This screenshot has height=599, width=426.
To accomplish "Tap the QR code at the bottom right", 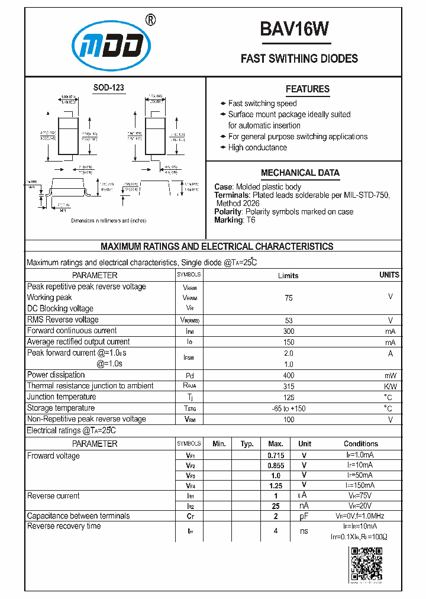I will click(366, 563).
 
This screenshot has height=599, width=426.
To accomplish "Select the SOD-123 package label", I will click(109, 88).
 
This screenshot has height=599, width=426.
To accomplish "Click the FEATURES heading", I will click(307, 89).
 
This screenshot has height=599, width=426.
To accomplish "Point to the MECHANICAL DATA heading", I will click(300, 173).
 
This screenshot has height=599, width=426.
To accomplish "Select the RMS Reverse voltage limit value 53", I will click(288, 320).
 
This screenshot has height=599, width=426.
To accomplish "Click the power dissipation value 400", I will click(288, 375).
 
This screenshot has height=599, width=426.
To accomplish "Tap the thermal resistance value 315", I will click(288, 387).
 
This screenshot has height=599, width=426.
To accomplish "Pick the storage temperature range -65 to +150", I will click(288, 408).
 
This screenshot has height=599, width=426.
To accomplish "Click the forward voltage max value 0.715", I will click(276, 455).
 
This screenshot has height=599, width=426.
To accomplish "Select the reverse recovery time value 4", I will click(276, 531).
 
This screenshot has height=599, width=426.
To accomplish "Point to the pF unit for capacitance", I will click(304, 516).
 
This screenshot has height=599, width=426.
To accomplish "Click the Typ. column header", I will click(247, 444).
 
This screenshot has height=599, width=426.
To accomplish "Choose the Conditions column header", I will click(360, 444).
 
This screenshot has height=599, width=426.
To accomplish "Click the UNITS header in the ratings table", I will click(389, 275).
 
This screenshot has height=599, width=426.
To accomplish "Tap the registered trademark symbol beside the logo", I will click(150, 20).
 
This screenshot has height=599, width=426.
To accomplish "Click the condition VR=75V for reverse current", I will click(360, 495).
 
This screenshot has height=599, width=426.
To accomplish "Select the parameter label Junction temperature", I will click(62, 397).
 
